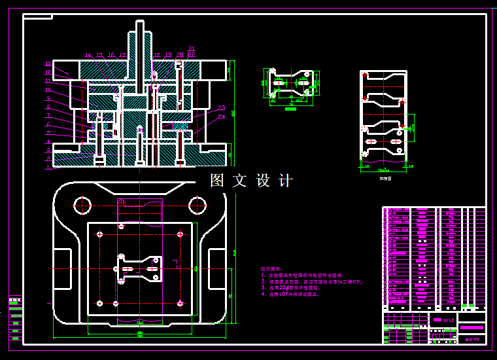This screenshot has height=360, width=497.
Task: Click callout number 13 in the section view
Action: pos(48,64)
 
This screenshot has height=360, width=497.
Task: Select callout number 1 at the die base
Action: pos(48,168)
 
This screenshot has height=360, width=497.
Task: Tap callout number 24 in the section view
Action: pos(222,117)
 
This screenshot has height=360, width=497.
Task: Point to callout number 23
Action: pos(222,107)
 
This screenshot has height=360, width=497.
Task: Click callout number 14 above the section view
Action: pos(88,55)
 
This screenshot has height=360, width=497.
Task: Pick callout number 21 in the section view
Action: pos(192,48)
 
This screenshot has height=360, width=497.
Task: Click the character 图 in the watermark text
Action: pos(217,181)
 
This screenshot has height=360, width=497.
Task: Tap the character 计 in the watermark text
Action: pos(286,181)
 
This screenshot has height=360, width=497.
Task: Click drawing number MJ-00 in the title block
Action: pos(471,339)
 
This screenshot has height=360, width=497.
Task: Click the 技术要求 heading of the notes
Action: pos(270,269)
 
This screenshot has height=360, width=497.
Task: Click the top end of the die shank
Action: pos(140,24)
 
